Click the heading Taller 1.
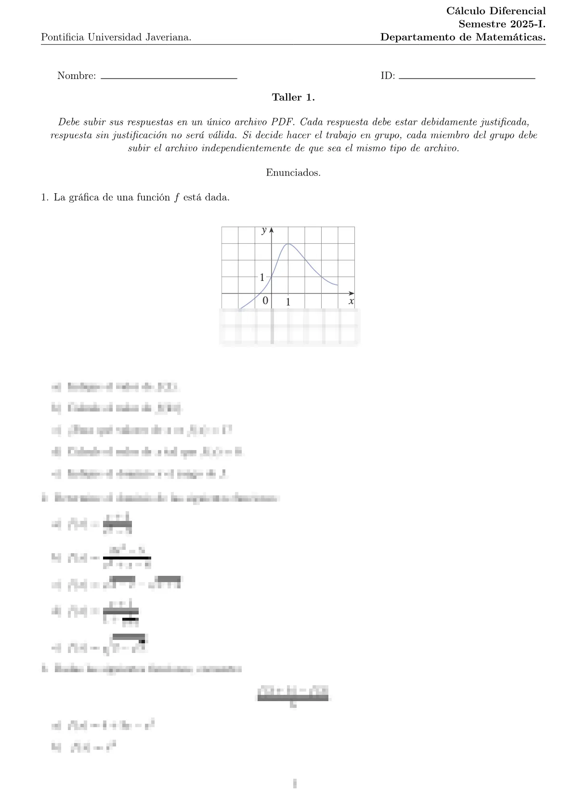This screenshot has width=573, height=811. click(x=293, y=97)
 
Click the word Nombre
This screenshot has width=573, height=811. click(x=76, y=76)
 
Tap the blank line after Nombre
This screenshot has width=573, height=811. click(x=169, y=78)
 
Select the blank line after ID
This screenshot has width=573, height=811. click(x=467, y=78)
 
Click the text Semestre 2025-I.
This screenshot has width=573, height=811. click(x=502, y=24)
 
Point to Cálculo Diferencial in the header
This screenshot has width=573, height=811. click(x=496, y=11)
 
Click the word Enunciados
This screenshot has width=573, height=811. click(x=293, y=173)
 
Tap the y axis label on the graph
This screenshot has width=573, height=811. click(x=264, y=230)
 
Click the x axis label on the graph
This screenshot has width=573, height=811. click(x=351, y=302)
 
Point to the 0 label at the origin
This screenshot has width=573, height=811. click(x=265, y=301)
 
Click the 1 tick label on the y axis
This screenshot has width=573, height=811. click(x=262, y=278)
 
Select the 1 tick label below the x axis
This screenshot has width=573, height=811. click(x=288, y=302)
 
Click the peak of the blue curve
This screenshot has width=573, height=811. click(x=288, y=244)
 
